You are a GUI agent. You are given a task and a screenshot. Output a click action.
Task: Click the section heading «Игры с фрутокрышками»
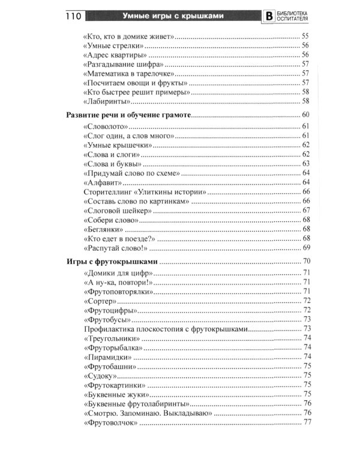[112, 261]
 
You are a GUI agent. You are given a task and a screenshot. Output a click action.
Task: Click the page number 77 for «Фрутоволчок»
[307, 422]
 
